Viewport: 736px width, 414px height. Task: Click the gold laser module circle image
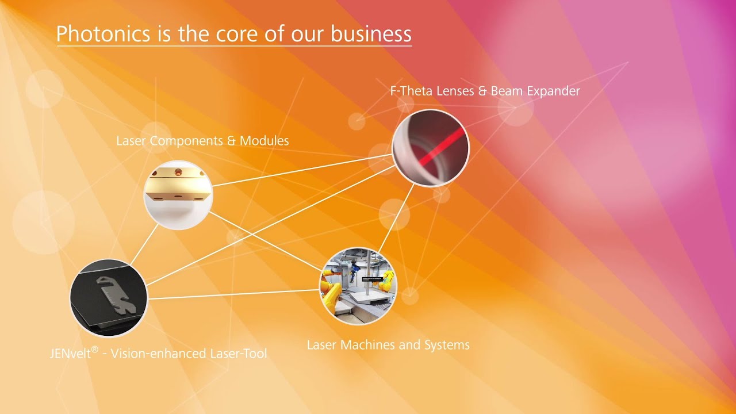point(178,195)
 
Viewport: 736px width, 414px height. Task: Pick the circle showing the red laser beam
point(431,148)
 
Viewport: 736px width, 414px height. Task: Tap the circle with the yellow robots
point(358,286)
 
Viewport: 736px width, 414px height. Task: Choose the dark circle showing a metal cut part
point(109,297)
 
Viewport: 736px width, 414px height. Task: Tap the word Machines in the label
point(371,345)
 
